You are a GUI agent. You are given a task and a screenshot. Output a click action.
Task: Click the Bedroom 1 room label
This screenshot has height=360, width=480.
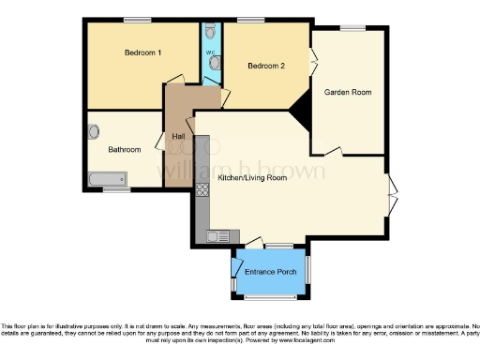pos(143,52)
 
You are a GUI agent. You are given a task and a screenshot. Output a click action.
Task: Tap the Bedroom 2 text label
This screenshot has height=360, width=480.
pos(265,66)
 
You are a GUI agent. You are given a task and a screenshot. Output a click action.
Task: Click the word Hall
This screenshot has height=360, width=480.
pos(178,137)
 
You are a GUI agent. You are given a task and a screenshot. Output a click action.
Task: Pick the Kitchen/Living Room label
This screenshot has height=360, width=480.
pos(252,177)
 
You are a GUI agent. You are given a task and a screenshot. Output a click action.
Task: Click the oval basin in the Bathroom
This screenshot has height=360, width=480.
pos(94,132)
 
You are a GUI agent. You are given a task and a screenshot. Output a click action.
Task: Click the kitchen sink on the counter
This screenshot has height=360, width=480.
pos(217,235)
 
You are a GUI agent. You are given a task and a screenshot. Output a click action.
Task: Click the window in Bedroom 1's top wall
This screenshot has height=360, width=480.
pos(139,20)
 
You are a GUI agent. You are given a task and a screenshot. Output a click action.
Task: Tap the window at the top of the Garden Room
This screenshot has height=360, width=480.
pos(353,28)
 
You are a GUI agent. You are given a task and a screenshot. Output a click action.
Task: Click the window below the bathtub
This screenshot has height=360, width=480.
pos(116,190)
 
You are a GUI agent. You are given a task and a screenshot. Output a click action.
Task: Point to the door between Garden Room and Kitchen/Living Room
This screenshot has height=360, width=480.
pos(334,149)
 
